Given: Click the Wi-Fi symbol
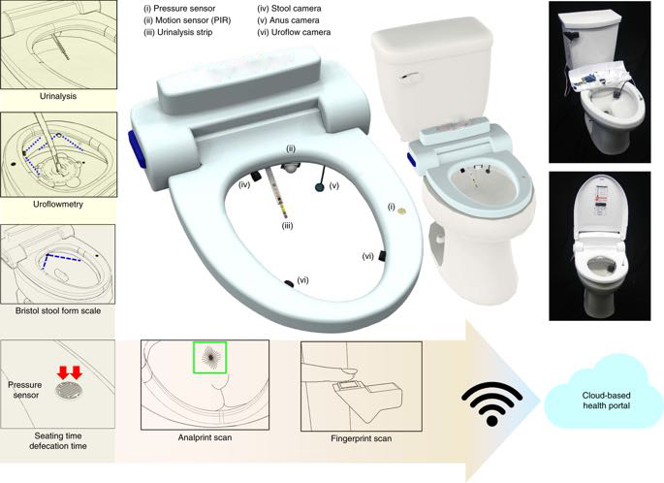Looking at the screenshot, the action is click(x=492, y=403).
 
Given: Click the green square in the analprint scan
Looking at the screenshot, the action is click(x=209, y=358).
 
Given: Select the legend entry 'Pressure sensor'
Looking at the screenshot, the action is click(x=179, y=9).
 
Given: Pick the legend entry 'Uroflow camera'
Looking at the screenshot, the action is click(x=294, y=32).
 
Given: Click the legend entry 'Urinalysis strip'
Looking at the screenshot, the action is click(x=178, y=32).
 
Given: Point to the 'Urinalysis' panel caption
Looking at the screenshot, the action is click(x=58, y=96).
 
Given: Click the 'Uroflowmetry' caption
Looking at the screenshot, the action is click(x=58, y=205).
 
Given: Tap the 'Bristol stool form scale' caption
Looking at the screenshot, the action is click(x=58, y=310).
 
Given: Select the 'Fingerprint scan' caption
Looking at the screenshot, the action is click(x=361, y=438).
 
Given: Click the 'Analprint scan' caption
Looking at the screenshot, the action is click(x=205, y=437).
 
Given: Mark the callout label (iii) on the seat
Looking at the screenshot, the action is click(x=288, y=226).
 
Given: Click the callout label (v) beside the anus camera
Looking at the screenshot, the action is click(x=334, y=185).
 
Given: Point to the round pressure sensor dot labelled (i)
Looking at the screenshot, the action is click(x=401, y=209).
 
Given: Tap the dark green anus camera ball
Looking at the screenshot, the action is click(x=320, y=187).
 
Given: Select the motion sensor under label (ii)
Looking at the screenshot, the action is click(x=290, y=167).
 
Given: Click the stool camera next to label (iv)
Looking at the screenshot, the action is click(x=256, y=176).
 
